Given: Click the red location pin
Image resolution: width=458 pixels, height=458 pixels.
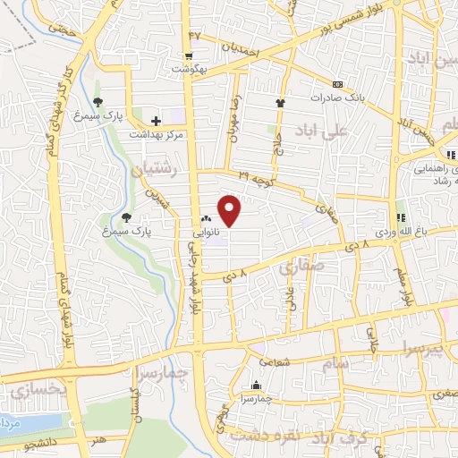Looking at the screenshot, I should pyautogui.click(x=230, y=210).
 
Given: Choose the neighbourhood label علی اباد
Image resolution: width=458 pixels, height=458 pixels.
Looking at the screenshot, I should pyautogui.click(x=355, y=131).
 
